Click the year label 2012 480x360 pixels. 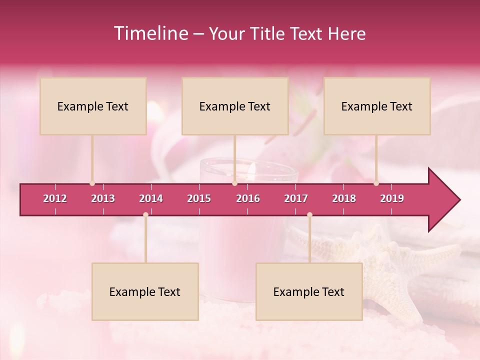pos(55,198)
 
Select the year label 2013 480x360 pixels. pos(103,198)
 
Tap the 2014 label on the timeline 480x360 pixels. pos(151,198)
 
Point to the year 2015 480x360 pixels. pos(199,198)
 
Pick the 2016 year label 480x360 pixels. pos(248,198)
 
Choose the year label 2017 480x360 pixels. pos(296,198)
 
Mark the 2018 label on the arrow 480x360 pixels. pos(344,198)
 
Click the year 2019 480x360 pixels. pos(392,198)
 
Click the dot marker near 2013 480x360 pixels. pos(92,183)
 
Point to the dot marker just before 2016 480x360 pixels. pos(234,183)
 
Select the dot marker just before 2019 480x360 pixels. pos(376,183)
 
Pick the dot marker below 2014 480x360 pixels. pos(145,214)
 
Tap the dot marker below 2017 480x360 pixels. pos(309,214)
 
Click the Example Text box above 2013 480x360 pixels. pos(93,106)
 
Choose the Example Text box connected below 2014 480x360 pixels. pos(145,291)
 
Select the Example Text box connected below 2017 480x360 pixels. pos(309,291)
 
